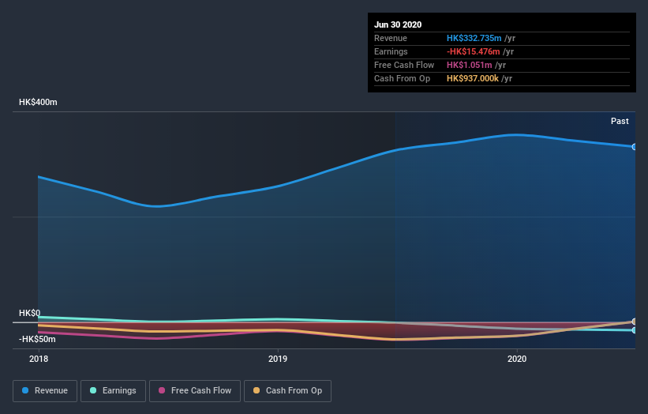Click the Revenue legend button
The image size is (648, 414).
tap(46, 390)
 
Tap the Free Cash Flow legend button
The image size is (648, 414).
tap(195, 390)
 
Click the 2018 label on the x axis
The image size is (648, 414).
tap(39, 359)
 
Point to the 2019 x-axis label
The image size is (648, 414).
tap(278, 359)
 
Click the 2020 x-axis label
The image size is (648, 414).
tap(517, 359)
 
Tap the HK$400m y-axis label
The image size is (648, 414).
tap(39, 103)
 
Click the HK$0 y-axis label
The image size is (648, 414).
tap(30, 314)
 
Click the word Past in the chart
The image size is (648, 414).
tap(620, 121)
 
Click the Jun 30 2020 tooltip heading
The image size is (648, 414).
tap(399, 24)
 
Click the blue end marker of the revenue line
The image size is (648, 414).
tap(634, 147)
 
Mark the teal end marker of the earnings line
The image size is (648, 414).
tap(634, 330)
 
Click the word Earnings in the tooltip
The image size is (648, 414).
tap(391, 51)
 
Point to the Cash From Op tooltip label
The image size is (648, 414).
tap(402, 78)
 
